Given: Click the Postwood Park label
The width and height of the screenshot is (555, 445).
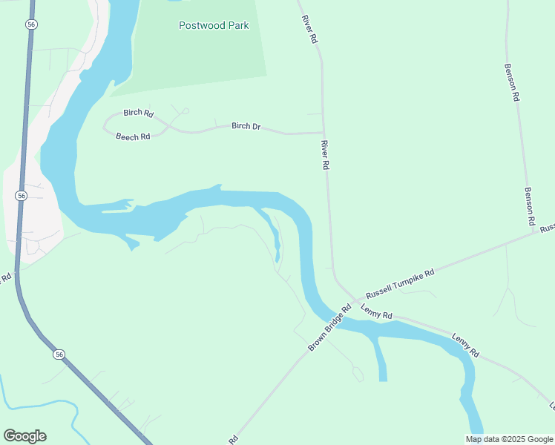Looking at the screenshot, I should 214,25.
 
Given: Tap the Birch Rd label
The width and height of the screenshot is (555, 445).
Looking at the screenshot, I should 138,113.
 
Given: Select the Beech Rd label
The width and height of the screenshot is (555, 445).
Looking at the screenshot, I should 133,136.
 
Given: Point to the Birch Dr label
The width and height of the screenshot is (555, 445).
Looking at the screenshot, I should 246,126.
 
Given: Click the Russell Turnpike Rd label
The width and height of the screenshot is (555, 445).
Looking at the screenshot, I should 396,284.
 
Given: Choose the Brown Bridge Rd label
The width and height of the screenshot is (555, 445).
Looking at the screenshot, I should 329,329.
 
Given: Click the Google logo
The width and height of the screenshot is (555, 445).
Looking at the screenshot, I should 24,436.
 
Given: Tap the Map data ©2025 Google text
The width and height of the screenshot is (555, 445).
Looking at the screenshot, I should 509,439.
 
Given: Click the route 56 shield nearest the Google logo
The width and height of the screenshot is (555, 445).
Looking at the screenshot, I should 59,355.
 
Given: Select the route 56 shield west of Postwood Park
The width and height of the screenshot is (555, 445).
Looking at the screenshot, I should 30,24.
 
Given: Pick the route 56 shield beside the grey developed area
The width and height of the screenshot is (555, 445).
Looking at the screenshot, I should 21,195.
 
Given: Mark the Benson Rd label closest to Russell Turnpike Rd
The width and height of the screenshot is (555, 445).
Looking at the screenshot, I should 530,206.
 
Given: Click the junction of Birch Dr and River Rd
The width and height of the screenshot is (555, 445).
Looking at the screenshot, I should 323,133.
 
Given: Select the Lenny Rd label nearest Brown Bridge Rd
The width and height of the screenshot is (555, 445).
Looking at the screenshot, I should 377,312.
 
